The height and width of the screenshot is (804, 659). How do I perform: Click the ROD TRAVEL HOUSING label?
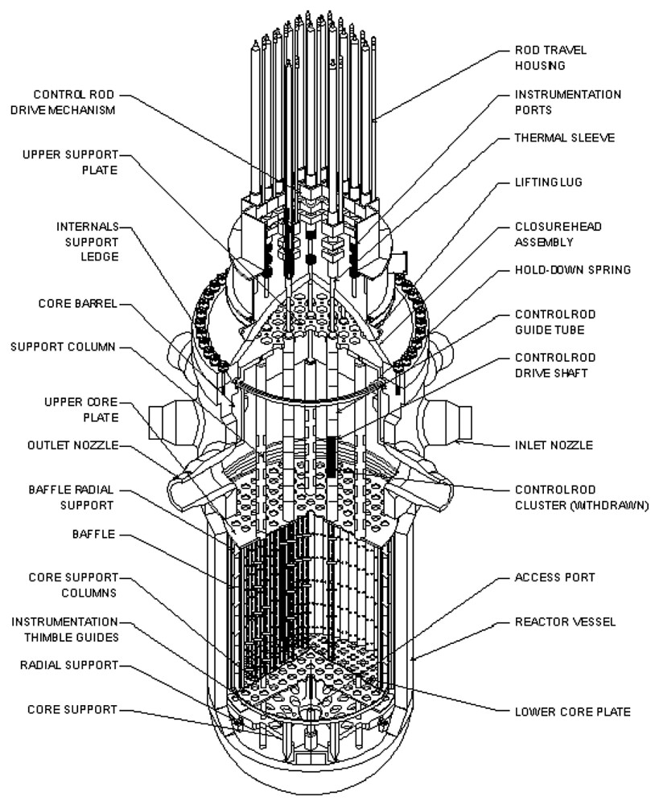tap(550, 58)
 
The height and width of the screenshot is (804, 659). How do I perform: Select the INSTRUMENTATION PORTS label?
tap(567, 102)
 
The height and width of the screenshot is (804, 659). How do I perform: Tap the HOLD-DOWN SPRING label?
tap(572, 270)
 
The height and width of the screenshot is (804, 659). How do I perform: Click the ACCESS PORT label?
tap(554, 578)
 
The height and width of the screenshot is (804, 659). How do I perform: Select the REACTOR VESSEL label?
tap(559, 622)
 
